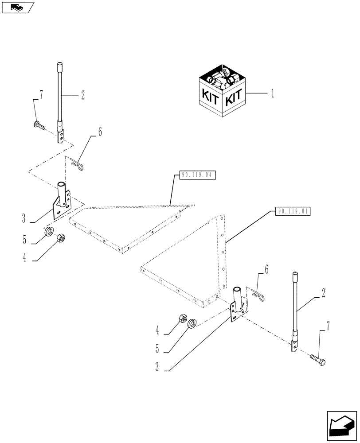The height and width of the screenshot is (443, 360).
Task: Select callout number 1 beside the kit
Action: [x=273, y=93]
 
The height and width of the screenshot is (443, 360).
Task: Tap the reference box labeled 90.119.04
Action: [x=198, y=175]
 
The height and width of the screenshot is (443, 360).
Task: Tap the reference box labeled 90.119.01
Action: [x=293, y=211]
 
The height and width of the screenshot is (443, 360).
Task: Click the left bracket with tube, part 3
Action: [x=61, y=202]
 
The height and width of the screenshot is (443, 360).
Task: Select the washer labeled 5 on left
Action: [x=50, y=232]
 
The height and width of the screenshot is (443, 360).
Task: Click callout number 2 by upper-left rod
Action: [x=82, y=95]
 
